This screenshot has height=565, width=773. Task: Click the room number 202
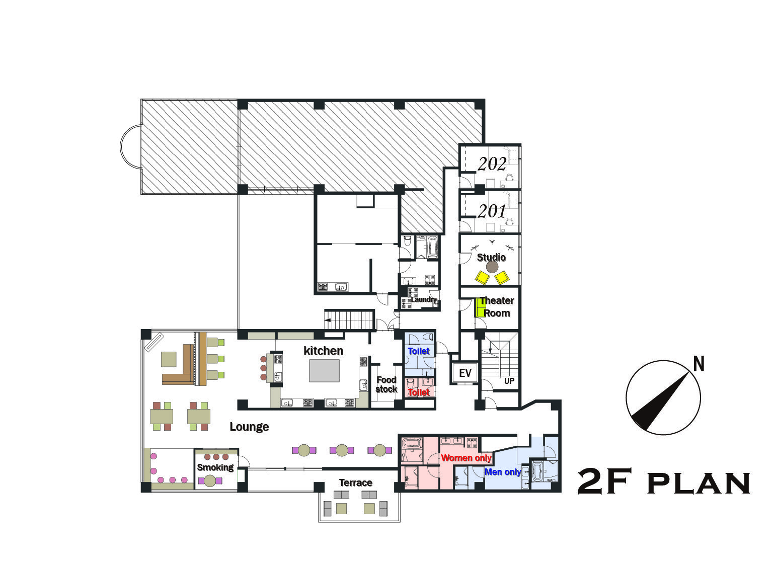tap(492, 164)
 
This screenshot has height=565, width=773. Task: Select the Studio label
tap(491, 257)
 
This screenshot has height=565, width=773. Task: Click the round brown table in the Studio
tap(492, 267)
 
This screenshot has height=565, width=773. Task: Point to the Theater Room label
tap(496, 307)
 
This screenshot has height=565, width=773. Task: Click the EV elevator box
tap(465, 373)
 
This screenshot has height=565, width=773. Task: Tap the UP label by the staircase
tap(509, 381)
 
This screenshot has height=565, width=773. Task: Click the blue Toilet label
tap(419, 352)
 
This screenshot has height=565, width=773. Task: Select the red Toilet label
tap(419, 392)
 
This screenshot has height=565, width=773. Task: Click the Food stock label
tap(386, 384)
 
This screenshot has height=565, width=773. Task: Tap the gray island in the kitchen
tap(324, 370)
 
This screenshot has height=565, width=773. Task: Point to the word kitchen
tap(324, 351)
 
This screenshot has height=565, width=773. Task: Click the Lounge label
tap(249, 427)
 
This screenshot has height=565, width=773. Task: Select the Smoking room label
tap(215, 467)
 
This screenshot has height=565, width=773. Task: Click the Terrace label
tap(355, 482)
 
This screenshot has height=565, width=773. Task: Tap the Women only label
tap(466, 458)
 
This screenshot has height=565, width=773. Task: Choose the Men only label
tap(502, 472)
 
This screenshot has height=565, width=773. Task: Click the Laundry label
tap(423, 299)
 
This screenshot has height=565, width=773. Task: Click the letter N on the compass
tap(699, 364)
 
